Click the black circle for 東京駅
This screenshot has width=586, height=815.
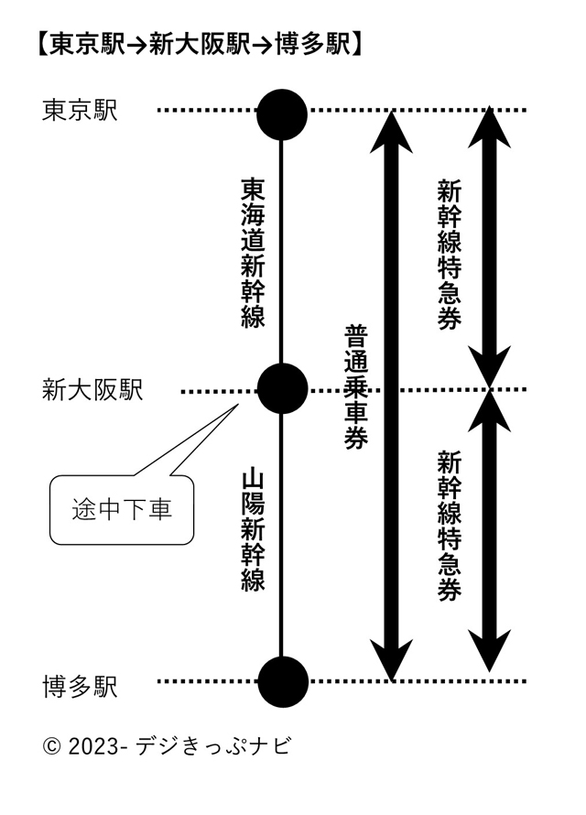click(x=281, y=114)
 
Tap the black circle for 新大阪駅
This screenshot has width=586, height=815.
click(x=281, y=389)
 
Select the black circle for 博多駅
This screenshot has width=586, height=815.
click(x=282, y=681)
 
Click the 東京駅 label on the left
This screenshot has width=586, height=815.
click(x=81, y=111)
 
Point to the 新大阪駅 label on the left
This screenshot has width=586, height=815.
click(x=92, y=390)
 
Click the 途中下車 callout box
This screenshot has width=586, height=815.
click(x=122, y=509)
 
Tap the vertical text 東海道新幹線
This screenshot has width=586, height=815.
click(x=254, y=252)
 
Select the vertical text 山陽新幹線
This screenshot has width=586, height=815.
click(x=254, y=530)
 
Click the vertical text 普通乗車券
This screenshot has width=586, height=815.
click(x=356, y=386)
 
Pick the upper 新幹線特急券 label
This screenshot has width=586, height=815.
click(x=449, y=254)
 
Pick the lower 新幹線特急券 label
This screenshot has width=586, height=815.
click(x=449, y=525)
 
